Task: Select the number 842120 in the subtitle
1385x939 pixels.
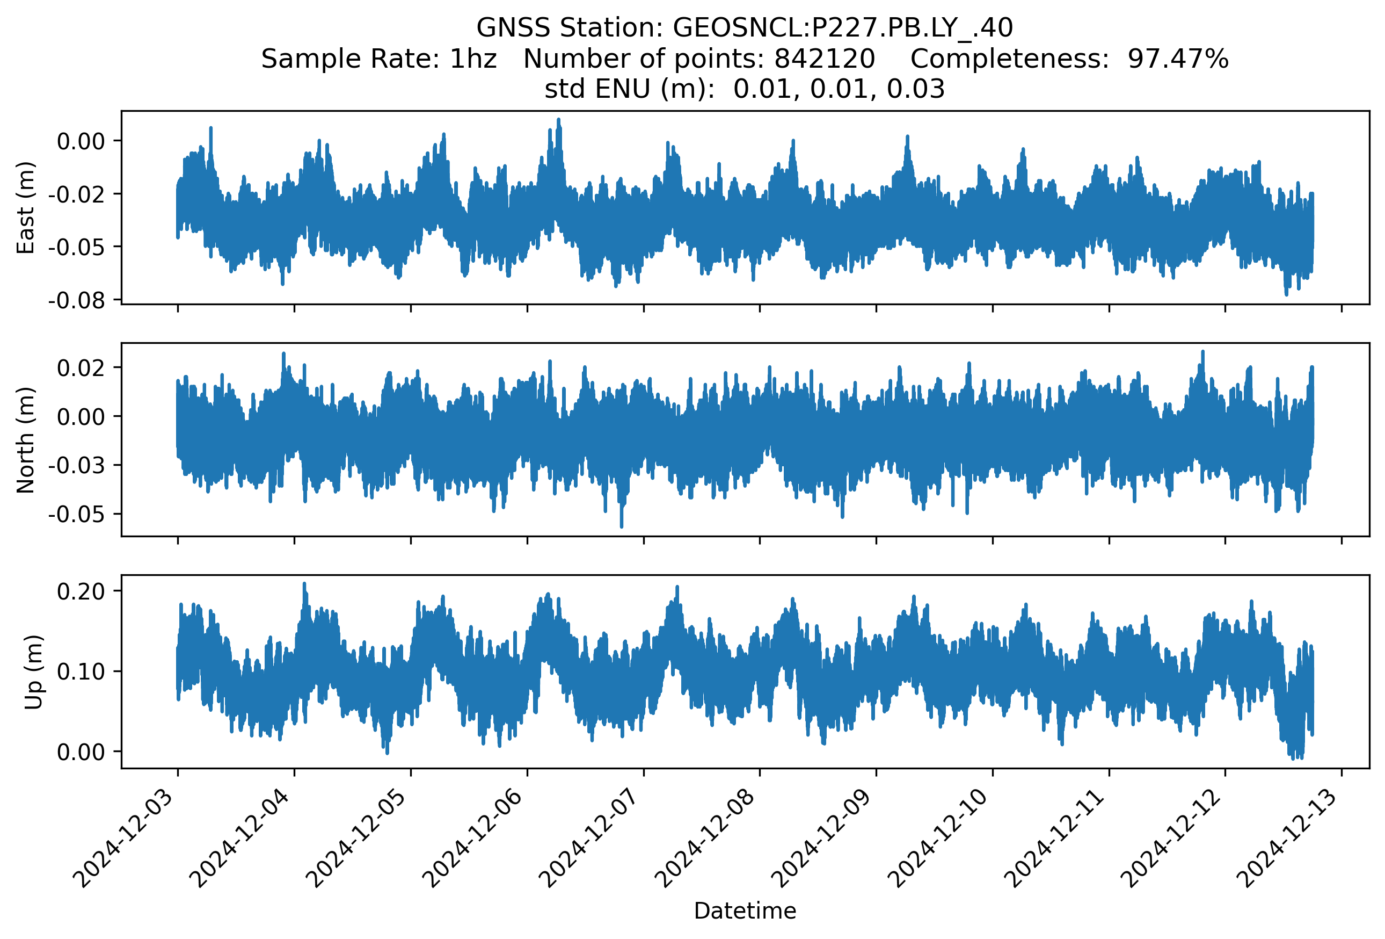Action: pos(824,59)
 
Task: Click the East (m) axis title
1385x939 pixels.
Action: pos(26,207)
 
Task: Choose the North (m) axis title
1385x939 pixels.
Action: pos(26,440)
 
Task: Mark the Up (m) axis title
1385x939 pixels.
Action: pos(33,672)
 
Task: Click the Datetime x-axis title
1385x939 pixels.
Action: pos(745,911)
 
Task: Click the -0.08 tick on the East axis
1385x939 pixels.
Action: pos(76,300)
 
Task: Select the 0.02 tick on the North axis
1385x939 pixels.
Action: pos(81,368)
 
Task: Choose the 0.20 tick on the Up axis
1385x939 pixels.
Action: pos(81,591)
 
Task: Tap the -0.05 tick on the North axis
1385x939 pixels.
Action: pos(76,514)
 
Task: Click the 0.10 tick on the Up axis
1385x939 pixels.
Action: pos(81,672)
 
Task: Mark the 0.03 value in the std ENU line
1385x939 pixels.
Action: pos(915,89)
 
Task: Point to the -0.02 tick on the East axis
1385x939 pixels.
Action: pos(76,194)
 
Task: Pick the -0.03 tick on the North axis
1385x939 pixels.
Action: pos(76,465)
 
